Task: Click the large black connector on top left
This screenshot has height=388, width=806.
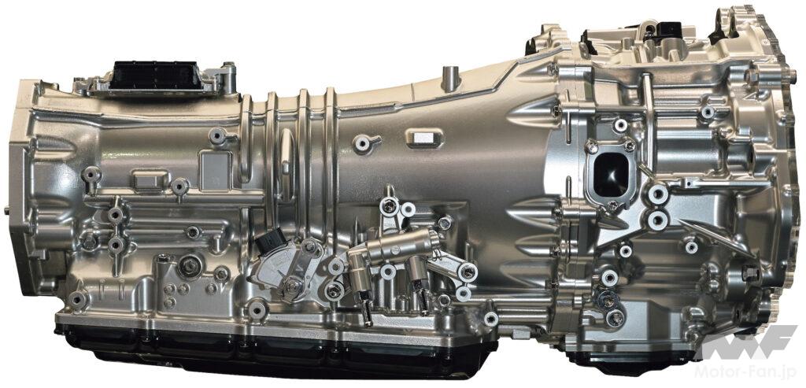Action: (153, 76)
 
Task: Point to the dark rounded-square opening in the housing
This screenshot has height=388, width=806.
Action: (610, 175)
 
